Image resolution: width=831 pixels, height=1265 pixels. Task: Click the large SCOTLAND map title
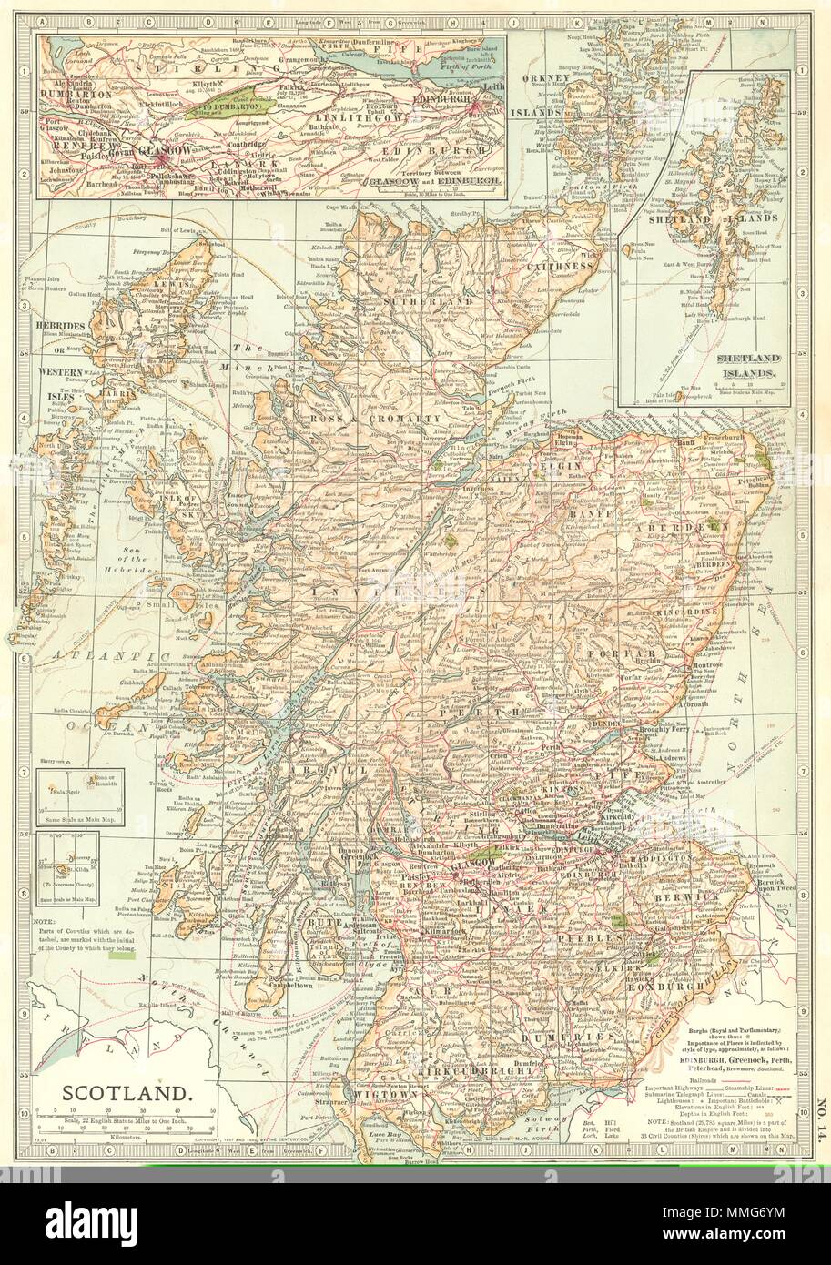[126, 1093]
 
